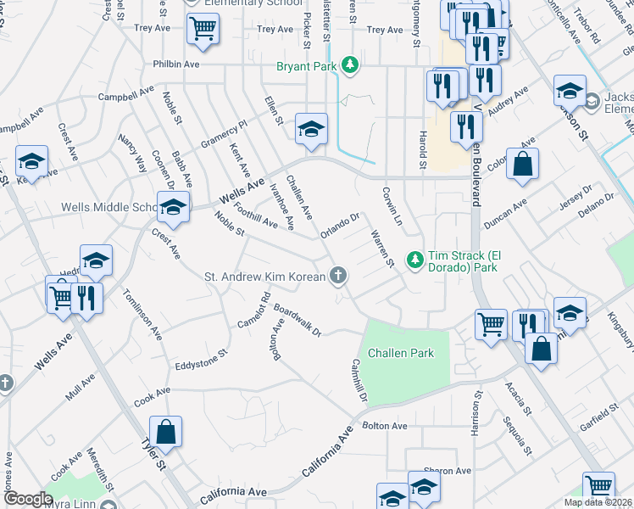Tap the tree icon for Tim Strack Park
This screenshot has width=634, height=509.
click(x=415, y=258)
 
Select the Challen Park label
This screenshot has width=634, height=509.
click(x=400, y=353)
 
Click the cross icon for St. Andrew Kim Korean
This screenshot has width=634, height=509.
click(x=338, y=275)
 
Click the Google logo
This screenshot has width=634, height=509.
click(x=28, y=499)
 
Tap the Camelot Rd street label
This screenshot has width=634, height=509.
click(x=254, y=311)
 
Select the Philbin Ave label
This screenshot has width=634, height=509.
click(x=175, y=64)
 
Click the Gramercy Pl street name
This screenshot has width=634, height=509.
click(x=223, y=131)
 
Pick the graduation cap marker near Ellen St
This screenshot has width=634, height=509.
click(x=311, y=128)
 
